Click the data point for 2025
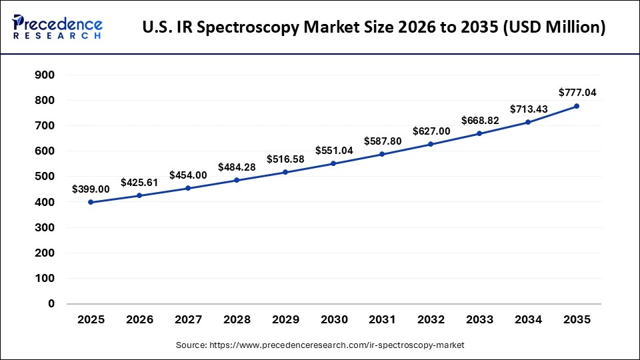tap(91, 202)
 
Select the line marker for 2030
tap(333, 163)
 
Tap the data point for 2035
tap(577, 106)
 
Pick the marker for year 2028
tap(237, 180)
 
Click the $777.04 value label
tap(577, 92)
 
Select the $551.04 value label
tap(333, 150)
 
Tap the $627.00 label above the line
tap(431, 131)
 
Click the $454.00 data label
tap(188, 175)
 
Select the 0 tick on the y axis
tap(50, 304)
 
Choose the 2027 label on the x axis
tap(188, 320)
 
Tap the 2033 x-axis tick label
tap(479, 320)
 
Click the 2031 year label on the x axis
tap(382, 320)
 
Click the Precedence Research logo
tap(57, 27)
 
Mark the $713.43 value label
tap(528, 109)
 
